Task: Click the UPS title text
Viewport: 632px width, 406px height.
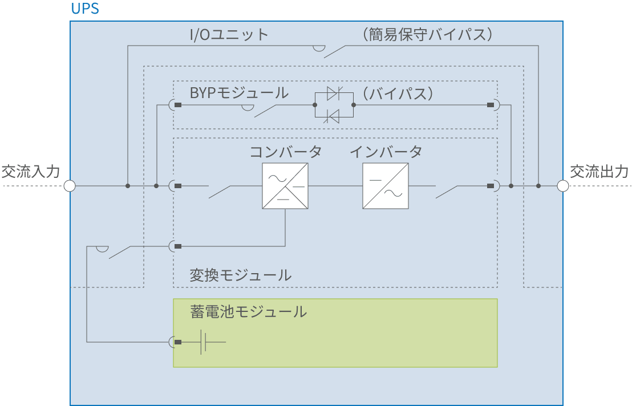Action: coord(84,9)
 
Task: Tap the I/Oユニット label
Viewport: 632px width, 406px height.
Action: coord(229,35)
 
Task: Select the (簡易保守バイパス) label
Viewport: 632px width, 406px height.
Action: coord(427,35)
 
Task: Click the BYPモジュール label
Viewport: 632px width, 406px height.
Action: coord(239,93)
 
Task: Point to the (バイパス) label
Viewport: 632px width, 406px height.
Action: coord(398,94)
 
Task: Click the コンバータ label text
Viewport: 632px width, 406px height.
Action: coord(285,152)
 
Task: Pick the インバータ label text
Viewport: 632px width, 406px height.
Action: coord(386,152)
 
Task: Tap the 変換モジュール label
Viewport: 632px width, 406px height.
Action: coord(241,275)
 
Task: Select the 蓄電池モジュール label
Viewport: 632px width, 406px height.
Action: coord(248,312)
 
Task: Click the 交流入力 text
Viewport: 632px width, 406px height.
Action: coord(31,172)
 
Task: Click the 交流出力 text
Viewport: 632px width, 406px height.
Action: coord(599,172)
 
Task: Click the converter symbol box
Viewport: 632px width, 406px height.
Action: coord(285,186)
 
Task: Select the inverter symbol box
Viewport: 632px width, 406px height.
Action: coord(386,186)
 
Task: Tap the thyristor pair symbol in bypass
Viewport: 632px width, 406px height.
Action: coord(334,105)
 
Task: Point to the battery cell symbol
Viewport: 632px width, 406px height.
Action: coord(204,342)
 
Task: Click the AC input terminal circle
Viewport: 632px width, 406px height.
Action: coord(70,186)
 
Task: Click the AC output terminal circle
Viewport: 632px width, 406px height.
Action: coord(563,186)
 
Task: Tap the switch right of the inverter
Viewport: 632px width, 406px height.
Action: coord(447,192)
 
